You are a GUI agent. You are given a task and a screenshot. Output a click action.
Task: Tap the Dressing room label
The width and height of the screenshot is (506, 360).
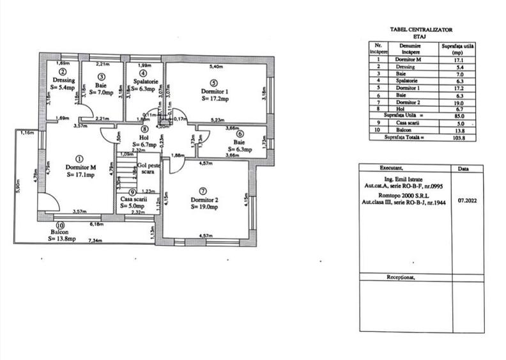pyautogui.click(x=64, y=81)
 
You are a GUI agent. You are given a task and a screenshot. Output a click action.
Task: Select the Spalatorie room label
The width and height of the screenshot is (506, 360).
pyautogui.click(x=142, y=82)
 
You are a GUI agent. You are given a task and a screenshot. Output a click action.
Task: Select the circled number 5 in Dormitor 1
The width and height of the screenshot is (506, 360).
pyautogui.click(x=213, y=82)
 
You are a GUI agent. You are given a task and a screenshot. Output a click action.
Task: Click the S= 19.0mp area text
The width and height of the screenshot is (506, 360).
pyautogui.click(x=205, y=207)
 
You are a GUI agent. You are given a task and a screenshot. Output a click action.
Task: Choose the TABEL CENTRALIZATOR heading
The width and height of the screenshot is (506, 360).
pyautogui.click(x=420, y=29)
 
